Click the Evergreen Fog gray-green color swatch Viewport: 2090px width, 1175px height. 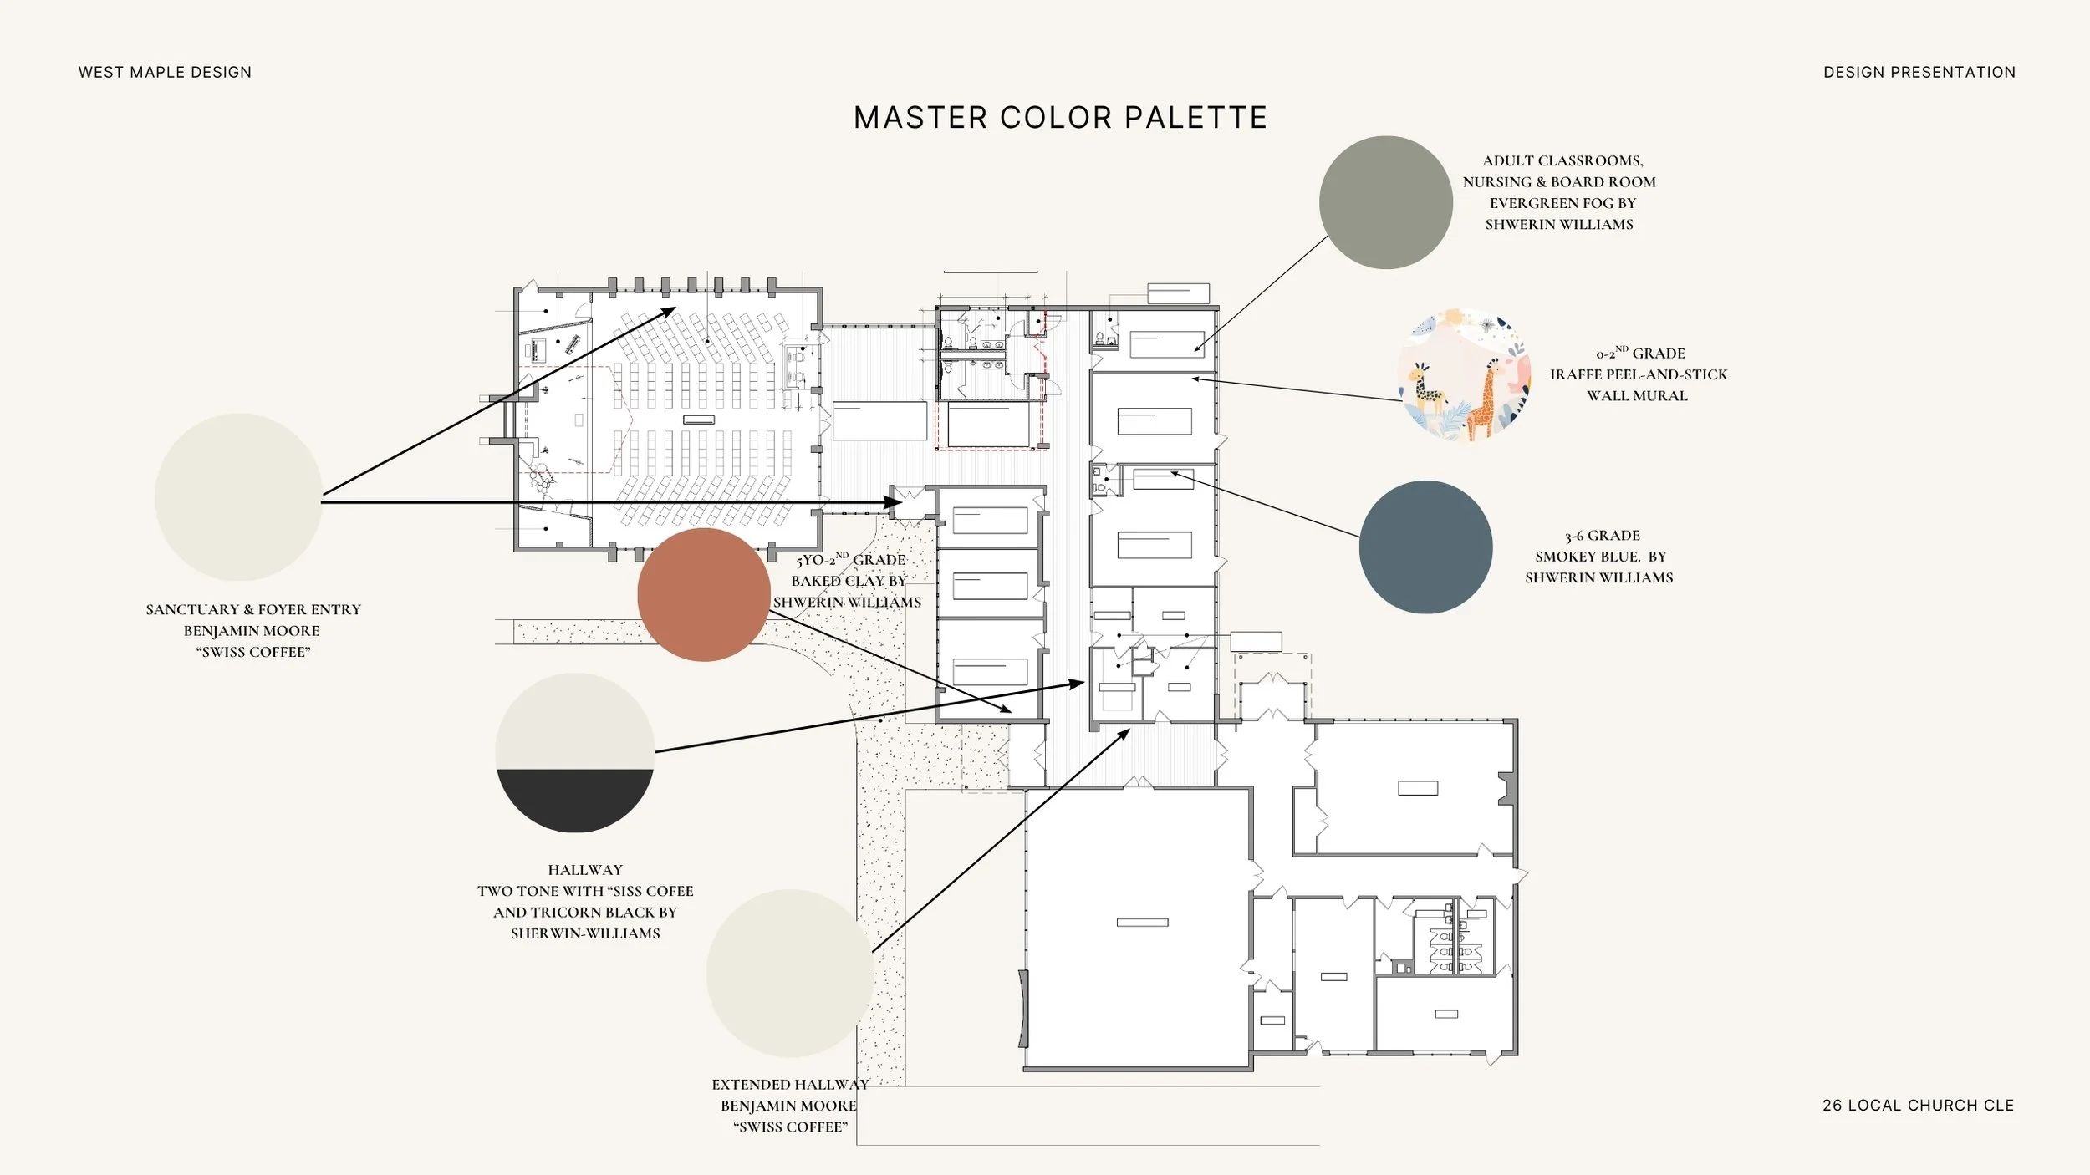[x=1385, y=202]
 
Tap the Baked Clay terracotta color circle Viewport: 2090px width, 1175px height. [x=704, y=594]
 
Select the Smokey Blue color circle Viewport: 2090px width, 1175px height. [x=1425, y=547]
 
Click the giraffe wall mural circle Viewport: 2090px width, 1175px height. [x=1465, y=374]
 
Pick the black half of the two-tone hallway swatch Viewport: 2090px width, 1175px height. [x=575, y=798]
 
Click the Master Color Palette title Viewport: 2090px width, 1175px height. [x=1060, y=118]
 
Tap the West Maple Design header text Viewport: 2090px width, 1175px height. [x=165, y=73]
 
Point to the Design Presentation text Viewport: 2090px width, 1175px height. [x=1919, y=73]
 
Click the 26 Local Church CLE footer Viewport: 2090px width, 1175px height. [x=1918, y=1105]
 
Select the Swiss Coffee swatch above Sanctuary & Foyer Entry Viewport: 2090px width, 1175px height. [x=238, y=497]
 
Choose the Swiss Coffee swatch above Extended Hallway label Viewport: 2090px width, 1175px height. [x=790, y=973]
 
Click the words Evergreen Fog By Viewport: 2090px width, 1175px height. [x=1562, y=203]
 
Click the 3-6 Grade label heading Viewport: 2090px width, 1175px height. [x=1603, y=536]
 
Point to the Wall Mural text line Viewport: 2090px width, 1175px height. [x=1637, y=396]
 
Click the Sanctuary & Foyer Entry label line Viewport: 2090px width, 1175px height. [x=253, y=610]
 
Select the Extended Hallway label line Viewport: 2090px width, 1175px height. [x=790, y=1085]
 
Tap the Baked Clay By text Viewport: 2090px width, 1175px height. [x=849, y=581]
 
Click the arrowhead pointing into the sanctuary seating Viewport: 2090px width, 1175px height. [x=668, y=312]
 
